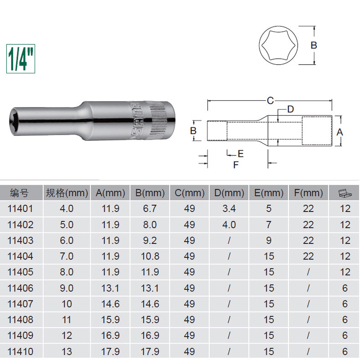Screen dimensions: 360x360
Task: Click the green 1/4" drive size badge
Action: [21, 59]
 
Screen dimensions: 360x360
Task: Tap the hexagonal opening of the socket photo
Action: [14, 121]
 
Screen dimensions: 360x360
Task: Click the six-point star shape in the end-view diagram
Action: [278, 45]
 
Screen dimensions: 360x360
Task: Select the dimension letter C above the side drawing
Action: [270, 101]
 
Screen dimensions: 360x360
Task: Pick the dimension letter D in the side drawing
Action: [290, 109]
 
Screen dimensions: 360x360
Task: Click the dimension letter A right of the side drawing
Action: [339, 132]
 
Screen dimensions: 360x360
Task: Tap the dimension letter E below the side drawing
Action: [241, 154]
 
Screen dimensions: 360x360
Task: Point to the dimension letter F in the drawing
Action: [236, 165]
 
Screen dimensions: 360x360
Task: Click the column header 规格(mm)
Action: [67, 193]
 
